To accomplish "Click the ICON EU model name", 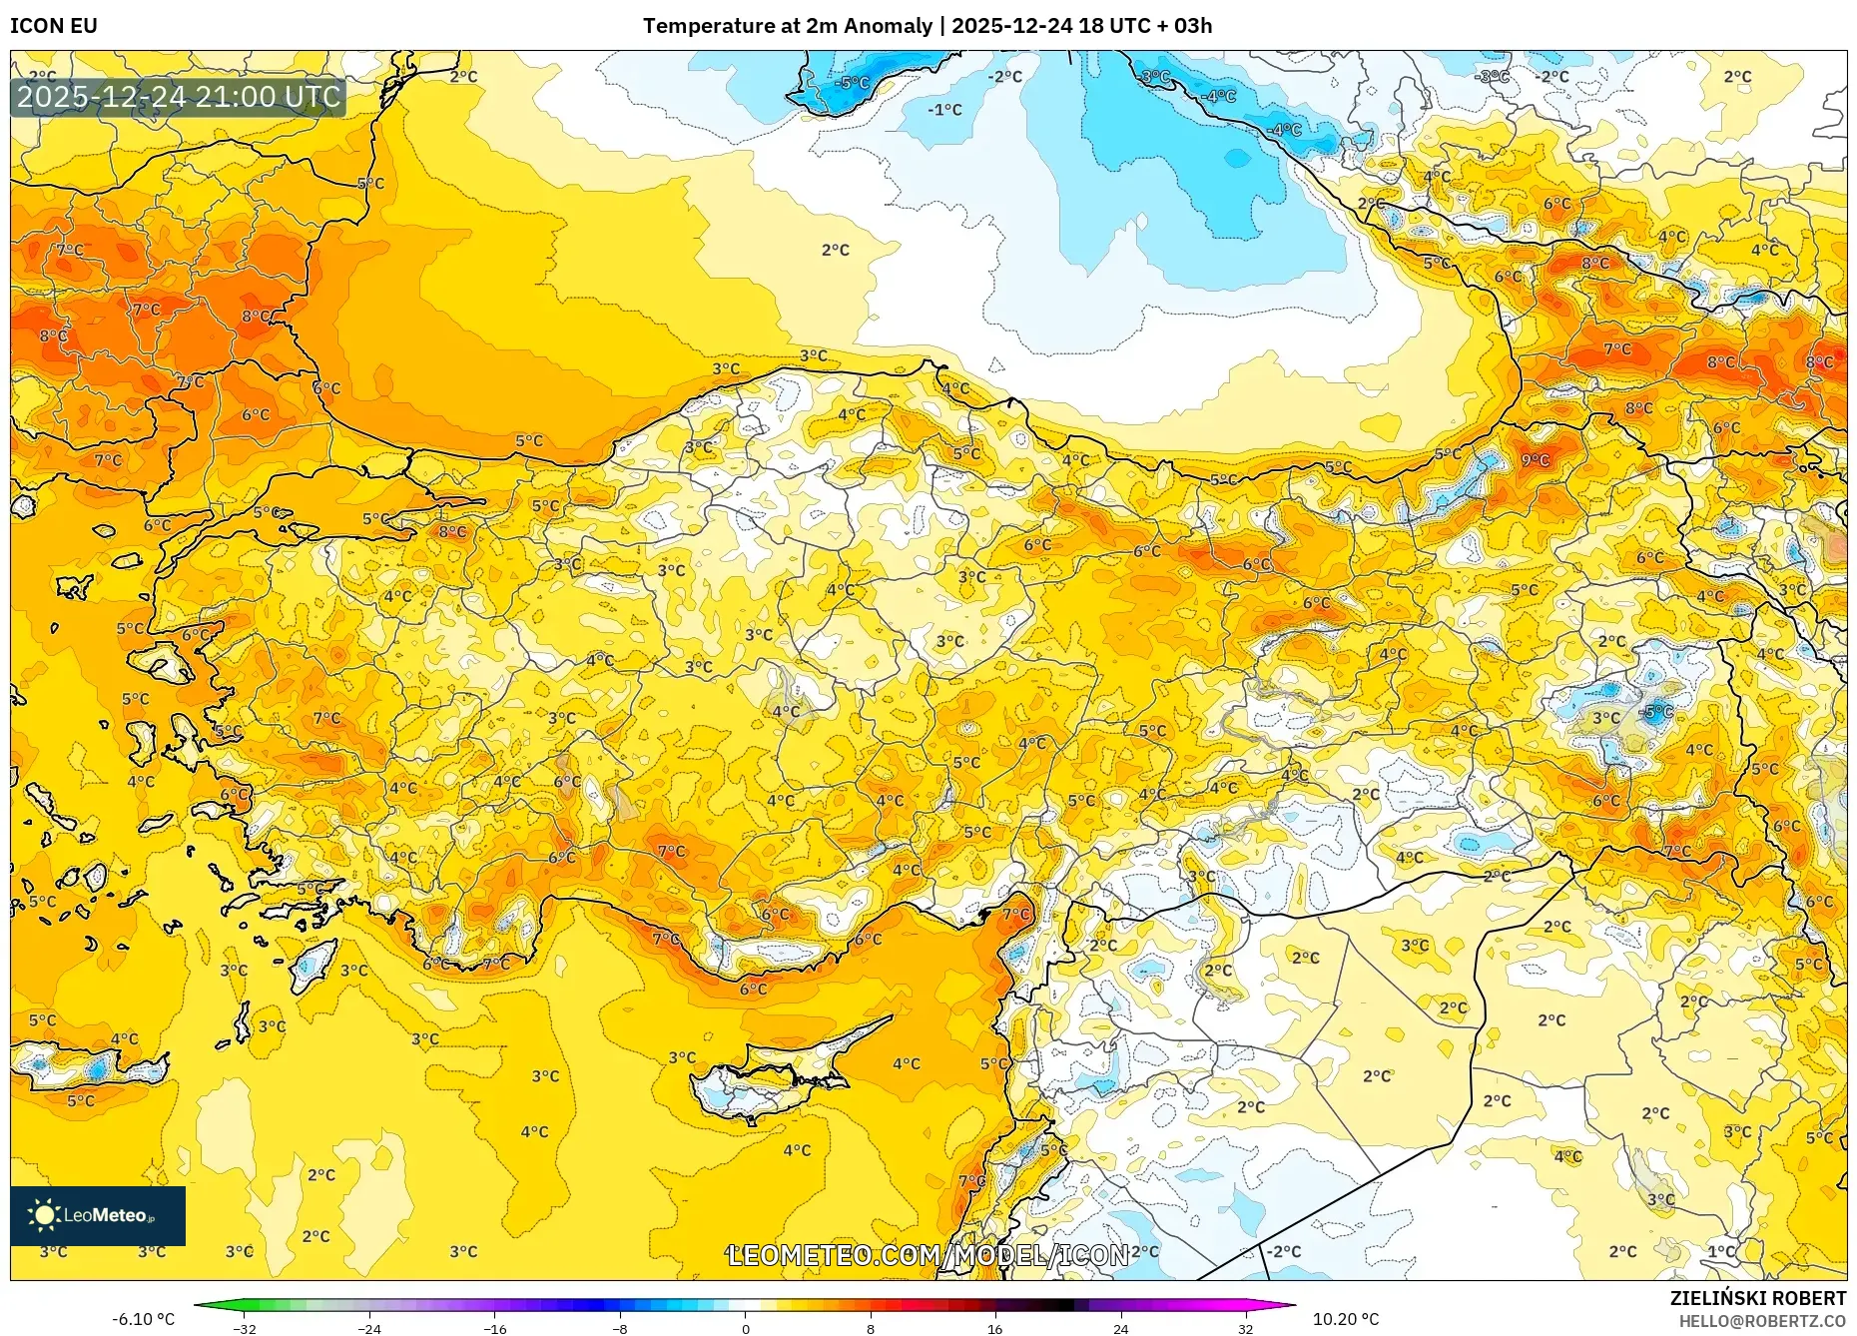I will [x=54, y=26].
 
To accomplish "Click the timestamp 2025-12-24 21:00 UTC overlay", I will [x=179, y=98].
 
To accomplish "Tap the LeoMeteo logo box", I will [x=98, y=1215].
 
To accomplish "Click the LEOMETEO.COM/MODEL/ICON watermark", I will [x=928, y=1255].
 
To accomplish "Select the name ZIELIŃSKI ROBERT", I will [x=1757, y=1298].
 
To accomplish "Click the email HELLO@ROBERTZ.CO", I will [x=1761, y=1321].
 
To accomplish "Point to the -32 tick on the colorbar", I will [x=245, y=1329].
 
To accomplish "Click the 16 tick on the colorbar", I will [x=994, y=1329].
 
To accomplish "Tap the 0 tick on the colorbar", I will [x=745, y=1329].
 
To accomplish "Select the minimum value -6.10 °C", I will [x=143, y=1320].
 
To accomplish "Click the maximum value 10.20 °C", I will [x=1346, y=1320].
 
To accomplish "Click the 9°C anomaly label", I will [x=1535, y=460].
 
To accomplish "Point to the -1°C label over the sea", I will [x=944, y=110].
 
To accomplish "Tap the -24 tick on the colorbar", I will [x=369, y=1329].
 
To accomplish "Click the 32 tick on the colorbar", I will [x=1245, y=1329].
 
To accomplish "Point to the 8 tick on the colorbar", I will [x=870, y=1329].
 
